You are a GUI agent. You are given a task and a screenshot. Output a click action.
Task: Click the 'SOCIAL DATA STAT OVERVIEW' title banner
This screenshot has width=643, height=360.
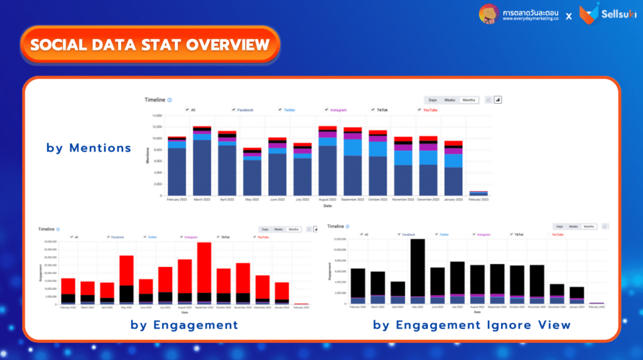tap(149, 45)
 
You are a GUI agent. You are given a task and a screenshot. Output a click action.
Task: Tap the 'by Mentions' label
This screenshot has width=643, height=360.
tap(89, 148)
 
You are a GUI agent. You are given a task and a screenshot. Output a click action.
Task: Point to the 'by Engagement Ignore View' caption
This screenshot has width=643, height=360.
tap(472, 325)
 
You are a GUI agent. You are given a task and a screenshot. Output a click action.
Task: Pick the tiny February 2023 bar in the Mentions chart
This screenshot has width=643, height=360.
tap(478, 194)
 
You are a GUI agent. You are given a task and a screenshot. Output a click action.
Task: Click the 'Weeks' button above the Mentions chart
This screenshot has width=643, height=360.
tap(450, 100)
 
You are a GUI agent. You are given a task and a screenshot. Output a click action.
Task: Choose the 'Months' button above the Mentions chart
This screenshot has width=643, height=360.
tap(468, 100)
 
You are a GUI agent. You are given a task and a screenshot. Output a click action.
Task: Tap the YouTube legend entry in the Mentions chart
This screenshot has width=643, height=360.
tap(430, 110)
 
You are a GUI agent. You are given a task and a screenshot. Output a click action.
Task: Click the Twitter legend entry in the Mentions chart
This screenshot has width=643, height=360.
tap(289, 110)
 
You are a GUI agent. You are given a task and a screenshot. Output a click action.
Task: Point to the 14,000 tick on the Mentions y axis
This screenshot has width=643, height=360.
tap(157, 116)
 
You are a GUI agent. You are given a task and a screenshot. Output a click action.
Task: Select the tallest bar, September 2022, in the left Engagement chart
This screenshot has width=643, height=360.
tap(204, 273)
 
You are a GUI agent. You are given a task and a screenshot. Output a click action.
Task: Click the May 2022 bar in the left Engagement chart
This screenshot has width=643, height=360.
tap(126, 280)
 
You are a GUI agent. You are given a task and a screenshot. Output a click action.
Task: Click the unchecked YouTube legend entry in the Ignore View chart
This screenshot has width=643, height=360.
tap(558, 234)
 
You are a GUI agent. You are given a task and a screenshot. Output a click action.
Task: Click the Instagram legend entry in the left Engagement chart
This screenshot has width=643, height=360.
tap(191, 237)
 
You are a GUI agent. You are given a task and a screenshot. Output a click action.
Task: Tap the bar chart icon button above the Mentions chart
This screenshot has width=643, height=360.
tap(497, 100)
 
